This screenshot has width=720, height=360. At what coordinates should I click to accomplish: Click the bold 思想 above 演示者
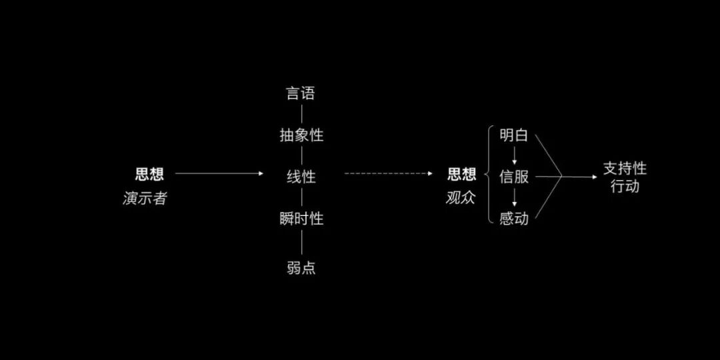(x=149, y=175)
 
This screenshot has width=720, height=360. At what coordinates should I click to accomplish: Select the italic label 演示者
(x=145, y=199)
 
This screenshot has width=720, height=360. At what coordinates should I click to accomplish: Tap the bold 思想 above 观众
(x=462, y=175)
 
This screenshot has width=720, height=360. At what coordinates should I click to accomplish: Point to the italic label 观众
(x=461, y=198)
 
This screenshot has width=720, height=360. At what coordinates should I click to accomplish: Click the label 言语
(x=301, y=93)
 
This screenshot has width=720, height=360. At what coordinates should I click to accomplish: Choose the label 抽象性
(x=301, y=135)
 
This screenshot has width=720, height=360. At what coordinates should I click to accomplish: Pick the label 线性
(x=301, y=177)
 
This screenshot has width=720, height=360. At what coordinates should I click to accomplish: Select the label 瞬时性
(x=301, y=219)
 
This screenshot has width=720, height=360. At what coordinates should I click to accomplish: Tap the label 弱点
(x=301, y=268)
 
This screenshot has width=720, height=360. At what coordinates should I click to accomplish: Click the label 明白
(x=514, y=135)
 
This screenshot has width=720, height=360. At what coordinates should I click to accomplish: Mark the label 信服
(x=514, y=177)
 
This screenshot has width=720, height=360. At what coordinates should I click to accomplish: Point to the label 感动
(x=514, y=219)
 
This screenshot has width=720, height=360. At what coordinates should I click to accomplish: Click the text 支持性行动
(x=625, y=177)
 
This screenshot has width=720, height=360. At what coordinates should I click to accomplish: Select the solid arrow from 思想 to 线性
(x=219, y=174)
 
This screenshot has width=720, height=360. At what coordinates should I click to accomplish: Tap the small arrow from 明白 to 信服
(x=514, y=157)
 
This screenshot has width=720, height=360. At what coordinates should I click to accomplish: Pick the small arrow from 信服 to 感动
(x=514, y=198)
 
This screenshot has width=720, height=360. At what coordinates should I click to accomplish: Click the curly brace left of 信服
(x=491, y=177)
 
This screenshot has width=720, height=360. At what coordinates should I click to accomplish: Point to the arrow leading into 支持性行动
(x=580, y=177)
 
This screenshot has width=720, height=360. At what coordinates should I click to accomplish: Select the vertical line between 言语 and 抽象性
(x=301, y=114)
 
